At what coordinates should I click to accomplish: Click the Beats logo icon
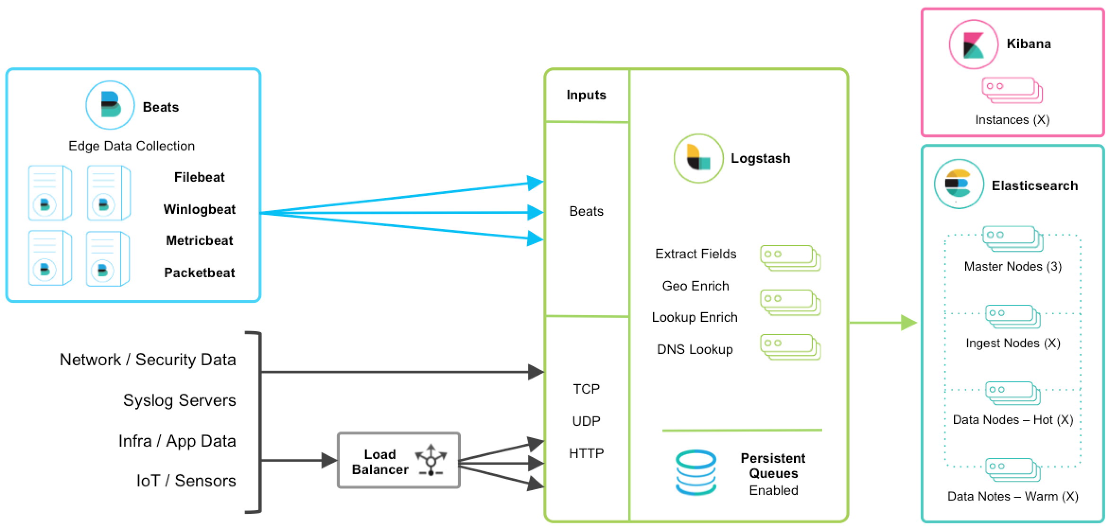click(x=110, y=105)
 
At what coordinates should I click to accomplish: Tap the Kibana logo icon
click(x=973, y=44)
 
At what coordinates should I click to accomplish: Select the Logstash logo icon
click(x=698, y=159)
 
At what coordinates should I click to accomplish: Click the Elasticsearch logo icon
click(x=959, y=184)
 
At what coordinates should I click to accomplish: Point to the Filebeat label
click(x=199, y=177)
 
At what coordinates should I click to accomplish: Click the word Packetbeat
click(x=199, y=273)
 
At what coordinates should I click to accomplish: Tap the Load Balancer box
click(x=398, y=460)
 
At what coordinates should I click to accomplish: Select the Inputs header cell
click(x=586, y=95)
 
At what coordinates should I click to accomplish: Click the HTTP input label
click(x=586, y=453)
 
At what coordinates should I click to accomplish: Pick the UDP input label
click(x=586, y=421)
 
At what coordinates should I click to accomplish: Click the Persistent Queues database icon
click(x=696, y=472)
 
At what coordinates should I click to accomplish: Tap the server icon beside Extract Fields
click(x=790, y=258)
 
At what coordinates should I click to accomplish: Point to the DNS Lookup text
click(x=695, y=350)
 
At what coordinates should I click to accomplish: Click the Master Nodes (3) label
click(x=1012, y=266)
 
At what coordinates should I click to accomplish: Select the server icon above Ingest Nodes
click(x=1012, y=316)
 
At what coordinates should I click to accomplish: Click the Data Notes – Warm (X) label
click(x=1012, y=496)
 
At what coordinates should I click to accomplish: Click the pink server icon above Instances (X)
click(x=1012, y=90)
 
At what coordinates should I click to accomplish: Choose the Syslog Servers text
click(x=179, y=400)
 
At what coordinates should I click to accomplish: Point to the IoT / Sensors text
click(x=186, y=481)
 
